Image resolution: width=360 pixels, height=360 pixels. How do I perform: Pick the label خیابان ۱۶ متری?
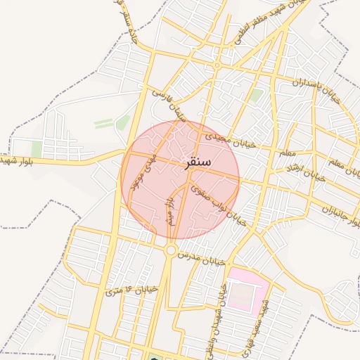(131, 288)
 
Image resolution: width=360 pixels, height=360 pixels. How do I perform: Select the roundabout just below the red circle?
(171, 250)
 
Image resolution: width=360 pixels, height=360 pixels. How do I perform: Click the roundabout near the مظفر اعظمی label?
(218, 65)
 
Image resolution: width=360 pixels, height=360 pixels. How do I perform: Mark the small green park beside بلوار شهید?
(37, 148)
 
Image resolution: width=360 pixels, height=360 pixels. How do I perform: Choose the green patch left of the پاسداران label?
(257, 94)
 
